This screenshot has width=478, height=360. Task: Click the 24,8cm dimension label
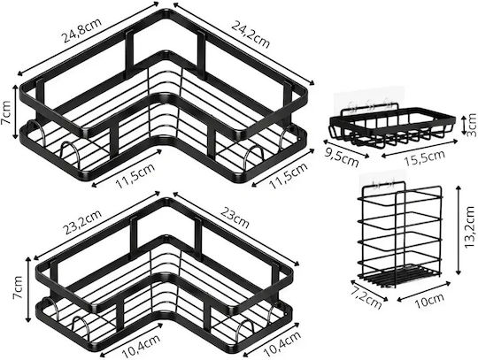coord(81,30)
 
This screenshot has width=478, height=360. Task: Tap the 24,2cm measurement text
coord(251,34)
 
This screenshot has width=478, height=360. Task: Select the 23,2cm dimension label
coord(82,222)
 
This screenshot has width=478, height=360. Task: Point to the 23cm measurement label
coord(235,217)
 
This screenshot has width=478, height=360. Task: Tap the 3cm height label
coord(471,124)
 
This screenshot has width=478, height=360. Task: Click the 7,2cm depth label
coord(366,296)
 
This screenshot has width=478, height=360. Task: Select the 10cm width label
coord(429,300)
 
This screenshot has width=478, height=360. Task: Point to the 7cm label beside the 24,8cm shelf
coord(6,112)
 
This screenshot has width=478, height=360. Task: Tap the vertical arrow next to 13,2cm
coord(458,231)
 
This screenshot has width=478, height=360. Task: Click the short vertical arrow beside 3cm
coord(462,124)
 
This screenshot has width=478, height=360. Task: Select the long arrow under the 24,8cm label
coord(89,38)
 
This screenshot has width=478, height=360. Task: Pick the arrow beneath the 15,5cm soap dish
coord(420,148)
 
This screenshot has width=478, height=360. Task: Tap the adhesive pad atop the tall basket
coord(382,182)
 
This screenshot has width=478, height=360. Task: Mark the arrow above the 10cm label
coord(424,291)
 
